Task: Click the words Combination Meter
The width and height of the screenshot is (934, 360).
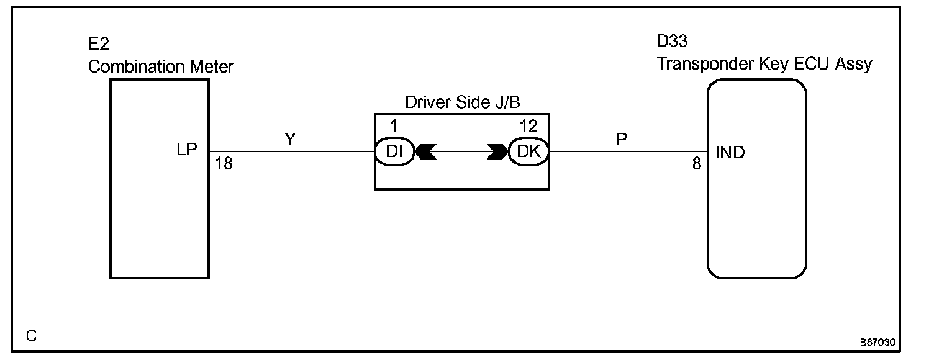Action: pos(160,66)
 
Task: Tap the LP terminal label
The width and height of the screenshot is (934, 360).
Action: pos(186,151)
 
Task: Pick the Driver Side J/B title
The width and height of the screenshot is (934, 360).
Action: pos(461,102)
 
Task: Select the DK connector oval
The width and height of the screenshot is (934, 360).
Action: pos(528,151)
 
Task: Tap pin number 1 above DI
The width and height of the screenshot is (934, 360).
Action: pos(392,126)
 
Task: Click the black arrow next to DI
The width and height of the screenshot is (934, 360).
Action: pos(426,151)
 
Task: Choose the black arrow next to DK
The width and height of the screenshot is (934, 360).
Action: pos(497,151)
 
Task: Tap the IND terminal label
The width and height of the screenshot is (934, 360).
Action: pos(730,152)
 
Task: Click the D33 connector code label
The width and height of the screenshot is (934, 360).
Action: pos(672,43)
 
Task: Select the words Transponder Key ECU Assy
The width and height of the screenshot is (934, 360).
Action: pos(764,63)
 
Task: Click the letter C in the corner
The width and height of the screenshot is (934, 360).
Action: pos(32,336)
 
